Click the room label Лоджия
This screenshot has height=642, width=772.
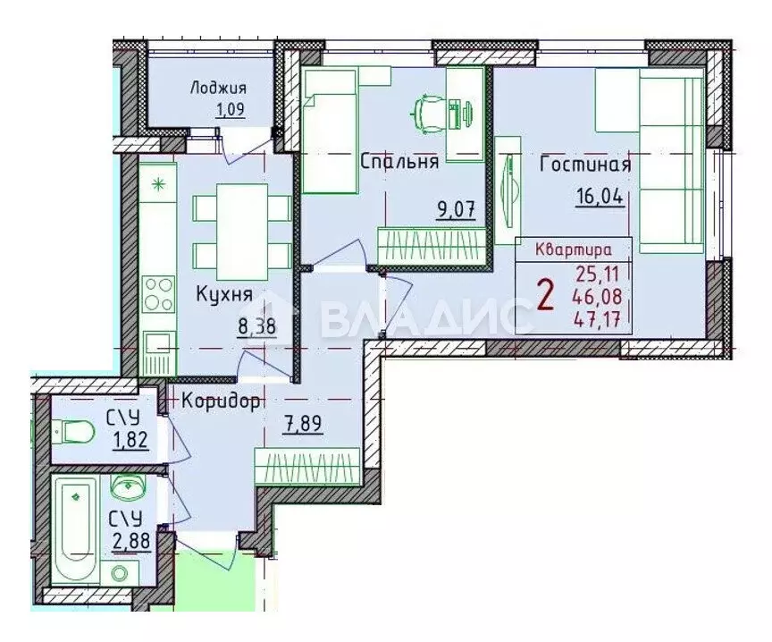tap(217, 88)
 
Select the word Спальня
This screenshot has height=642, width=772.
tap(399, 162)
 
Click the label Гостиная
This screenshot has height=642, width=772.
tap(585, 165)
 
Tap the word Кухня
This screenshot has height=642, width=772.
tap(225, 294)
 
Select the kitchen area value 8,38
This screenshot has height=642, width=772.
tap(256, 326)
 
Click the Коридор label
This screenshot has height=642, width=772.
tap(221, 401)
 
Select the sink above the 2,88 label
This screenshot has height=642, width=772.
tap(127, 487)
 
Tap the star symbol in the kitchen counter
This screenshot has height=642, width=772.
tap(158, 185)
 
